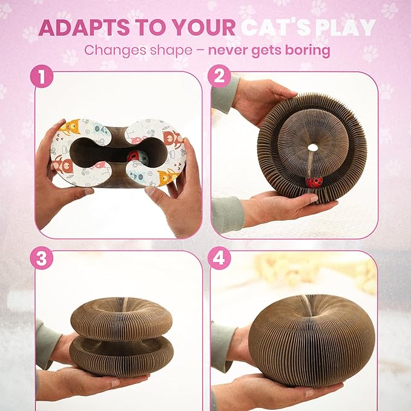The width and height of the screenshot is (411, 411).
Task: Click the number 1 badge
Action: click(x=42, y=76)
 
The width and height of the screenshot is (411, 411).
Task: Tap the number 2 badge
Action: click(x=219, y=76)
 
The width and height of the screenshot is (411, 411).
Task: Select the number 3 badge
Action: click(x=42, y=258)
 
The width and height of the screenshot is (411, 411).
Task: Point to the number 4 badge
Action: click(x=219, y=258)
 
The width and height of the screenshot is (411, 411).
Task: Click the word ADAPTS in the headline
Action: click(x=84, y=27)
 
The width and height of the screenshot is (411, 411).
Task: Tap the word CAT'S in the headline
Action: click(x=276, y=27)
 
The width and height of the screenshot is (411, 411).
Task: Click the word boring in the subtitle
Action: click(x=307, y=50)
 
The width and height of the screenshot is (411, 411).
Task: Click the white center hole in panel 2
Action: click(x=312, y=148)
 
